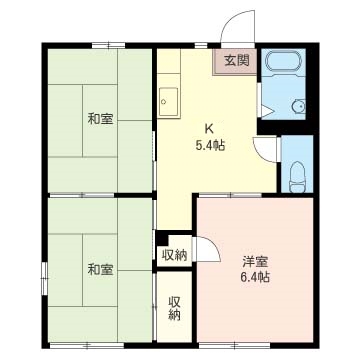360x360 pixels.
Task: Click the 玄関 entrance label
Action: [237, 60]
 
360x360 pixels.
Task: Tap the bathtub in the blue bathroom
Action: [283, 61]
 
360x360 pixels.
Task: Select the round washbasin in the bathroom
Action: [298, 106]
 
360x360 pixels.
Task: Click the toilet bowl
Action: [297, 177]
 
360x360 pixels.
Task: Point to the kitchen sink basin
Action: [168, 101]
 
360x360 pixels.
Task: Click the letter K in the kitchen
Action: [209, 128]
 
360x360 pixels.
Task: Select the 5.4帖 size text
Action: [210, 145]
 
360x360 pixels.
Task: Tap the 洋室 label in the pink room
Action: [255, 262]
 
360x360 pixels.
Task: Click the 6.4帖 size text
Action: [255, 277]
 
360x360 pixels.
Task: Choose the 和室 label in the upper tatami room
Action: [100, 119]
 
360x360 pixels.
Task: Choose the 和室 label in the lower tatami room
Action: [100, 269]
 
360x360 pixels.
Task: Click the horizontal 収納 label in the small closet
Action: [174, 255]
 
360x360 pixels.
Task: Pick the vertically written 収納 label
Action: [174, 308]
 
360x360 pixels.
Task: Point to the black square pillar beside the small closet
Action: [162, 239]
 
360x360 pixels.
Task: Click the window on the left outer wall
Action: [44, 279]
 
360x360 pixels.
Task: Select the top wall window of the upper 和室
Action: [108, 46]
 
